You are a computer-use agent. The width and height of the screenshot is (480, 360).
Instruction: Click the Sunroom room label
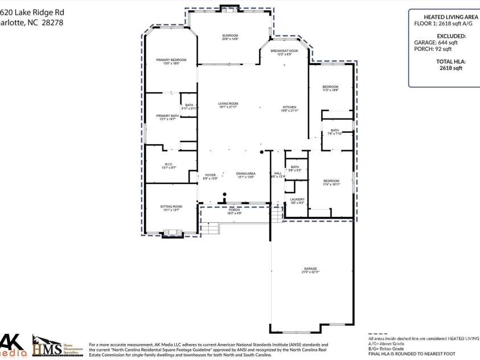(x=230, y=36)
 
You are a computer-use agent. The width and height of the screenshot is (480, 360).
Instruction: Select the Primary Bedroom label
(x=171, y=60)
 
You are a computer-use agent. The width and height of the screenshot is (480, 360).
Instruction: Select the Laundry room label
(x=297, y=199)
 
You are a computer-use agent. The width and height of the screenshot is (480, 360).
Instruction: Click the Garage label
(x=310, y=269)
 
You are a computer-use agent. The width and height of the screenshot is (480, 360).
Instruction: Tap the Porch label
(x=235, y=210)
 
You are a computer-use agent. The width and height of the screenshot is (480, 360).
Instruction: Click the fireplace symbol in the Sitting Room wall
(x=171, y=232)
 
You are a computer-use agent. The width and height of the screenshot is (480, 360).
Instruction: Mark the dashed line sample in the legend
(x=380, y=333)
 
